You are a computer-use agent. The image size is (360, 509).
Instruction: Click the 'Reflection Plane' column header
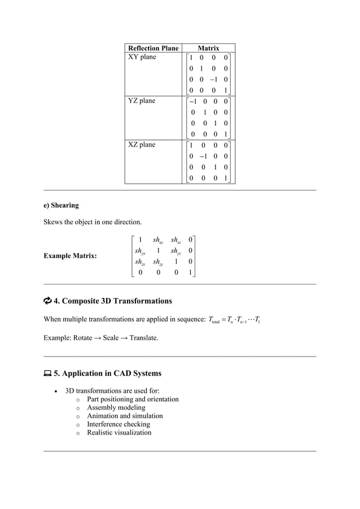point(153,49)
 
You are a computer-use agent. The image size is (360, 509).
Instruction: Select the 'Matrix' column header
point(208,49)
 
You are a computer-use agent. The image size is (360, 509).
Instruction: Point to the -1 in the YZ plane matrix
point(193,102)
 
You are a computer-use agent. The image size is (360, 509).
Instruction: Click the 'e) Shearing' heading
point(62,205)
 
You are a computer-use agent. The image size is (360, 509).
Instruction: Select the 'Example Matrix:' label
point(70,256)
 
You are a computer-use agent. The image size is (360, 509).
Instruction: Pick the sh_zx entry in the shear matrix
point(141,262)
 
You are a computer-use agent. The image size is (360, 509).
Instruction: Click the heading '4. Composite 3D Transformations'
point(112,301)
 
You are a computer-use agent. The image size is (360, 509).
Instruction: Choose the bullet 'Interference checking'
point(118,424)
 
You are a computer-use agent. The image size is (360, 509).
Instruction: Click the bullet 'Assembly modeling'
point(116,407)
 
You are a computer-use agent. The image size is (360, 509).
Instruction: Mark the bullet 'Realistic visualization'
point(119,433)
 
